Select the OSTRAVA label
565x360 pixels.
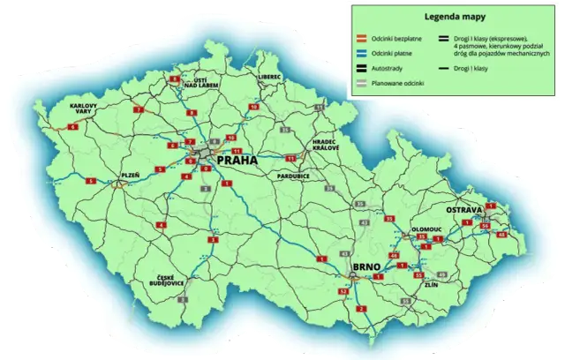click(x=462, y=210)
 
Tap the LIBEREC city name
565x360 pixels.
click(x=269, y=77)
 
